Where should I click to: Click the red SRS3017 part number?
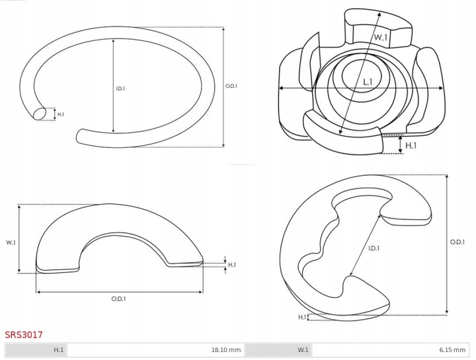(x=24, y=334)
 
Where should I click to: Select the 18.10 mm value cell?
(x=155, y=349)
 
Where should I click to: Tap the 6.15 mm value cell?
(x=391, y=349)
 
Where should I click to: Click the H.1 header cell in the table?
(x=36, y=349)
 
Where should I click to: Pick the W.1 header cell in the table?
(x=278, y=349)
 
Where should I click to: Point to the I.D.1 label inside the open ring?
(x=120, y=89)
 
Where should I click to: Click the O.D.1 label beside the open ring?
(x=231, y=86)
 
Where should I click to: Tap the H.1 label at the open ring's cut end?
(x=61, y=114)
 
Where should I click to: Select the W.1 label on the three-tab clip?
(x=380, y=37)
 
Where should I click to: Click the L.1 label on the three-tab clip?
(x=368, y=82)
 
